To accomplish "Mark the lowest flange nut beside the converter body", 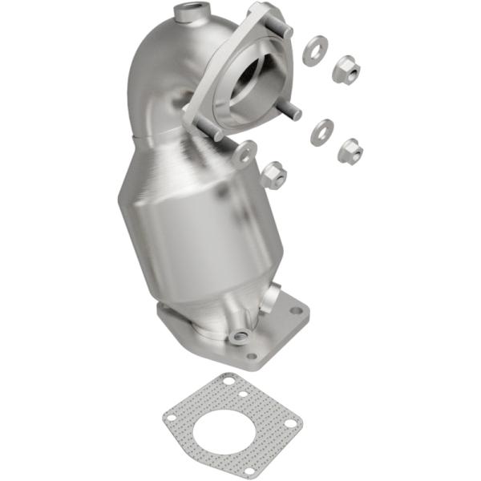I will [x=273, y=174].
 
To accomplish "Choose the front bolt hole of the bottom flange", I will [x=252, y=356].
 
